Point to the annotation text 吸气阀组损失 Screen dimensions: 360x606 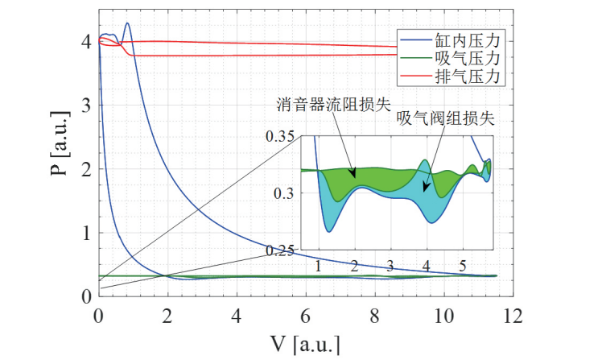tap(444, 118)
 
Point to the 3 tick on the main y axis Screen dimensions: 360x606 tap(86, 106)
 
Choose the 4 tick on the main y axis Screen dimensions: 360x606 tap(86, 41)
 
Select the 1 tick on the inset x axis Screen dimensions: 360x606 tap(319, 265)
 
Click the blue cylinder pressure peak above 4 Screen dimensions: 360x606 tap(127, 23)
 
